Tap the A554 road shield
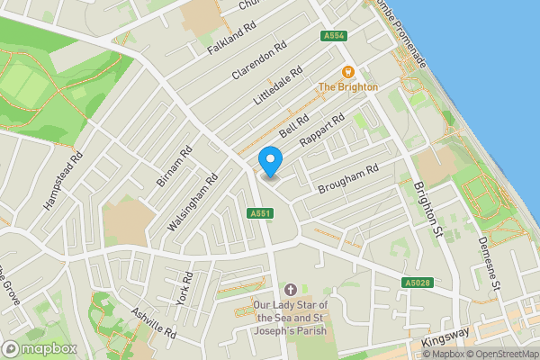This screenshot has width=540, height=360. point(333,36)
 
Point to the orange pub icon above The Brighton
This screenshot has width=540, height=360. point(347,72)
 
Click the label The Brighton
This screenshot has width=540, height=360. point(348,87)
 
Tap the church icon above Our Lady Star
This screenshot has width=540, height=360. point(290,290)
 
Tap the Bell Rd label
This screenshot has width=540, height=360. point(293,125)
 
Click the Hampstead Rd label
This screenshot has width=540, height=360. point(63,181)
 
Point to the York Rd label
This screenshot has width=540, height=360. point(185,288)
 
